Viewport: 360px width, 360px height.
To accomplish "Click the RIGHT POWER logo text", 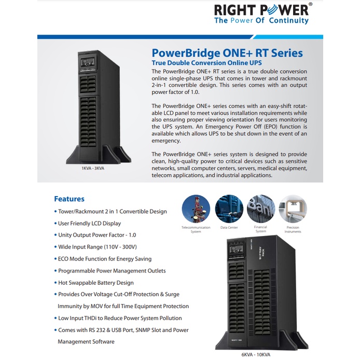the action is (262, 10).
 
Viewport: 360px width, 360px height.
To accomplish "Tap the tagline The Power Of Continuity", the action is (261, 21).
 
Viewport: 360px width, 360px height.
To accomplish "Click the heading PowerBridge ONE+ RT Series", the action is (227, 53).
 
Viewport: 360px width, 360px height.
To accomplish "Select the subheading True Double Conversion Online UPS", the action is (203, 63).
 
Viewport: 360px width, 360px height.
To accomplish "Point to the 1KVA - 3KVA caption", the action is (93, 168).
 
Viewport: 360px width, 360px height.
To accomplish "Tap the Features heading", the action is (69, 199).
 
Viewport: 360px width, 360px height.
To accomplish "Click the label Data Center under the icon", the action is (229, 227).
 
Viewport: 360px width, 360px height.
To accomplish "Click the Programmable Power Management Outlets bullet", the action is (111, 271).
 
